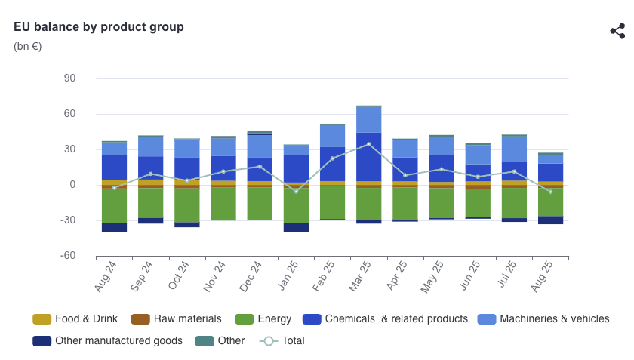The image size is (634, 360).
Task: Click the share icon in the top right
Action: pos(618,31)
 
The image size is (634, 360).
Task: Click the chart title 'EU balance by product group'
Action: pos(99,27)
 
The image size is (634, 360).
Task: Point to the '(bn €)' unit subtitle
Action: pos(27,46)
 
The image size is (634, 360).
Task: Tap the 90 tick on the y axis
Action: pos(69,78)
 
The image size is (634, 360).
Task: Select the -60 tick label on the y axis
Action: pos(68,255)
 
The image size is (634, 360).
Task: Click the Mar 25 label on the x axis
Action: pos(360,276)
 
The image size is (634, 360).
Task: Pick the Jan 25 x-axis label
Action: pos(288,275)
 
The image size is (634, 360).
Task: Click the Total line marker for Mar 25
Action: pos(369,144)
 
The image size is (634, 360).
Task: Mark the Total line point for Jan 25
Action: pos(296,192)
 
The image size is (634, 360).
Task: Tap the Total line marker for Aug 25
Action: pos(550,192)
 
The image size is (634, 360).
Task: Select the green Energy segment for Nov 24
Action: pos(223,204)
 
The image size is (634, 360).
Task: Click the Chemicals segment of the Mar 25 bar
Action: pos(369,157)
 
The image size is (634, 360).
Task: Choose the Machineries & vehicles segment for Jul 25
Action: pos(514,149)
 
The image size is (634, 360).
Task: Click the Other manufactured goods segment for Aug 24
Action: pos(115,227)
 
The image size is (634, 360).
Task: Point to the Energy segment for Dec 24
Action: pos(260,204)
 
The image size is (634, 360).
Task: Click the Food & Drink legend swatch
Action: pos(42,319)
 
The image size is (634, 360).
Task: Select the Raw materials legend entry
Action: pos(177,319)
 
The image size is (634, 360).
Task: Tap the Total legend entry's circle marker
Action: pos(269,341)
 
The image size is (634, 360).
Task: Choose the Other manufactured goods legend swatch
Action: pos(42,341)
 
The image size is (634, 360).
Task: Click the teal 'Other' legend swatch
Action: pos(205,341)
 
